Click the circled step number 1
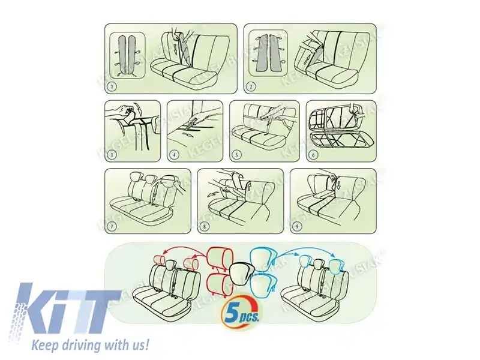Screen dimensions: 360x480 (112, 86)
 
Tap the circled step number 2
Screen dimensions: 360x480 (251, 86)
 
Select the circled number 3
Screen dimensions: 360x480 (111, 154)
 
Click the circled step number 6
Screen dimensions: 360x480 (312, 154)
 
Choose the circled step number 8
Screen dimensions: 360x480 (205, 226)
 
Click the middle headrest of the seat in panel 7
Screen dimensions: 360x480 (150, 179)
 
